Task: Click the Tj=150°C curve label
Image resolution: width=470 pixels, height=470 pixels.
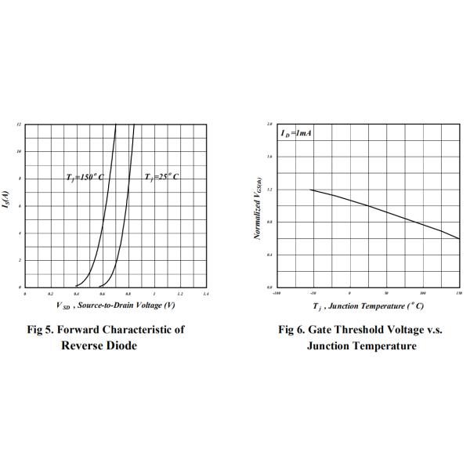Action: pyautogui.click(x=85, y=178)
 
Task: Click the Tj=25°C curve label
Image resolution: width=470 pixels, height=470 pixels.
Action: pyautogui.click(x=161, y=178)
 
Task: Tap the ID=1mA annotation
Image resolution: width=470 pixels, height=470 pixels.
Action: pyautogui.click(x=297, y=134)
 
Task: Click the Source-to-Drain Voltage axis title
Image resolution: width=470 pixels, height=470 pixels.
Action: pyautogui.click(x=115, y=305)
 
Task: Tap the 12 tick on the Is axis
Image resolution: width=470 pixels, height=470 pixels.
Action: pyautogui.click(x=19, y=125)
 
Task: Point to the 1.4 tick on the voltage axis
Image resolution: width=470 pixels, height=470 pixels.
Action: pyautogui.click(x=205, y=294)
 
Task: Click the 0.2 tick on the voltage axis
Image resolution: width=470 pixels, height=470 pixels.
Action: pyautogui.click(x=50, y=294)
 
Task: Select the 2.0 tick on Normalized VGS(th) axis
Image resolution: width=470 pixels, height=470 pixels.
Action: pyautogui.click(x=269, y=125)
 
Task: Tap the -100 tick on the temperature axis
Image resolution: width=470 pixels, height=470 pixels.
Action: pyautogui.click(x=276, y=294)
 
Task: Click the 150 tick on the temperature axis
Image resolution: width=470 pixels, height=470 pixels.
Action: pyautogui.click(x=458, y=294)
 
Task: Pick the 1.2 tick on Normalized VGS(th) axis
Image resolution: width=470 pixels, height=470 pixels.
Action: pyautogui.click(x=269, y=190)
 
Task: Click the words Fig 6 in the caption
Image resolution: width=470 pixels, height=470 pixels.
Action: pyautogui.click(x=293, y=330)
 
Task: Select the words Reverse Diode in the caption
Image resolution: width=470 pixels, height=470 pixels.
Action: pyautogui.click(x=99, y=346)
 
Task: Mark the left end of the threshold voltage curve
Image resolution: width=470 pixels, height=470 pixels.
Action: pyautogui.click(x=311, y=190)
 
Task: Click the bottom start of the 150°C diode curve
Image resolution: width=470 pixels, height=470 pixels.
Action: pyautogui.click(x=75, y=287)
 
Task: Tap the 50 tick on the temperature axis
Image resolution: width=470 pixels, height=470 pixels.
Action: pyautogui.click(x=385, y=294)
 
